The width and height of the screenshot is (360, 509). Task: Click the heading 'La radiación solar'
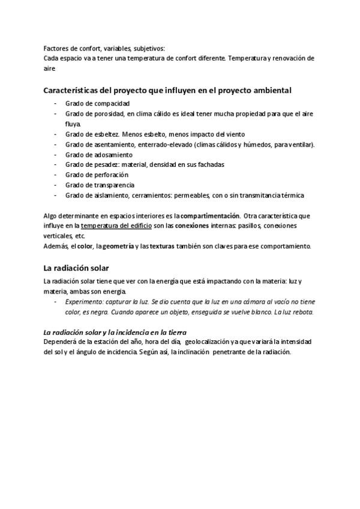click(x=76, y=268)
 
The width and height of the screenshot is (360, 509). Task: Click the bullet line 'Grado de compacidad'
click(x=97, y=103)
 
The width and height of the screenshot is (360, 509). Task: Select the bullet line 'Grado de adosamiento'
click(x=99, y=154)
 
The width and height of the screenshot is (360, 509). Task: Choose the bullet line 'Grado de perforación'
click(x=97, y=175)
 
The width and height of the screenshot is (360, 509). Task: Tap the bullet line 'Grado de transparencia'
click(x=100, y=185)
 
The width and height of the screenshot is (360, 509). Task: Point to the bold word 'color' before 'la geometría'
click(x=85, y=246)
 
